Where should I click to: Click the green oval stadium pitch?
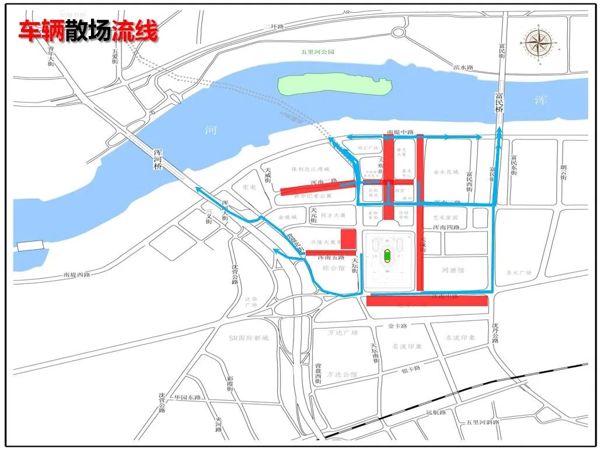coord(387,255)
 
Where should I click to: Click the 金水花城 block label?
coord(446,173)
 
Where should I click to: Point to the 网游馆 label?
coord(453,271)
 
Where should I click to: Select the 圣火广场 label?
coord(518,272)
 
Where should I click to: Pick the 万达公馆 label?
coord(343,374)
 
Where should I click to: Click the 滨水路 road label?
coord(463,68)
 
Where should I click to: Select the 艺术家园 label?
coord(446,217)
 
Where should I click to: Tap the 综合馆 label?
coord(334,268)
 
